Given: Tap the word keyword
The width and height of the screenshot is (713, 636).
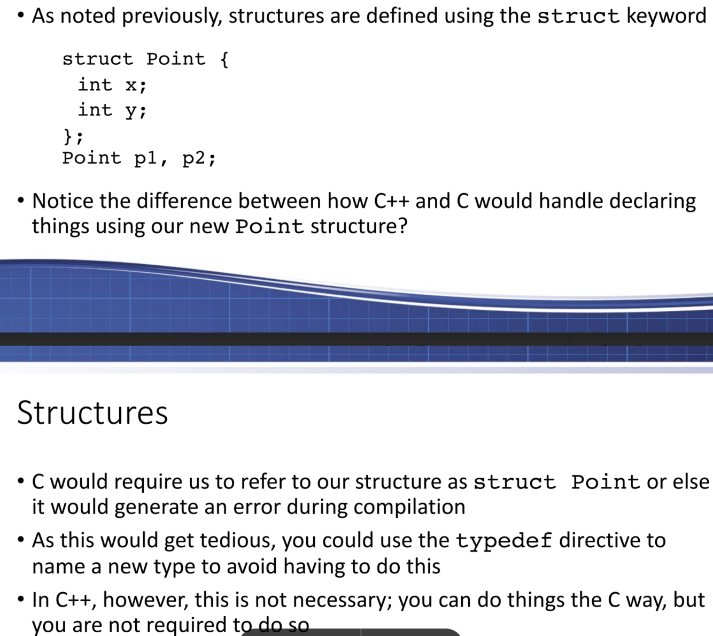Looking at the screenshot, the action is (666, 16).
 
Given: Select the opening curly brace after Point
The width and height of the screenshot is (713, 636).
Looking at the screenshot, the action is (224, 59).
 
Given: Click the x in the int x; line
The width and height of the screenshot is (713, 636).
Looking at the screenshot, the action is (131, 85).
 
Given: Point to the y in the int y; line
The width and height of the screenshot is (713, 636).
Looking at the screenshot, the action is (131, 111).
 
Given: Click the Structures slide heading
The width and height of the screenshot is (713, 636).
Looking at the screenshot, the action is (92, 413).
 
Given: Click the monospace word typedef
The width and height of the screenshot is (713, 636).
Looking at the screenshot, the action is (503, 541).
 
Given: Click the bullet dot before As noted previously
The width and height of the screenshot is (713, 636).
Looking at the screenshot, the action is (20, 16).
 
